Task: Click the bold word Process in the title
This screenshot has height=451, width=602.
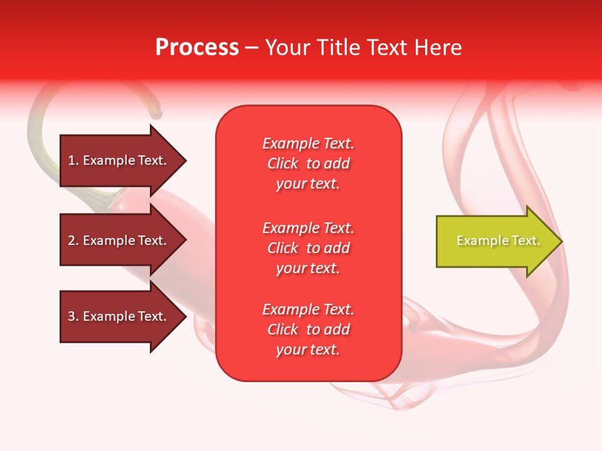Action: click(197, 48)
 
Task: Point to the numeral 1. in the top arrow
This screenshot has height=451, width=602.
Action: click(73, 160)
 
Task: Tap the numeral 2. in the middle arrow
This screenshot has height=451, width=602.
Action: click(73, 241)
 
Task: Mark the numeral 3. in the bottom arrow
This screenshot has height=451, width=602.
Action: click(73, 316)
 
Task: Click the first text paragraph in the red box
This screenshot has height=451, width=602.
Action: click(308, 163)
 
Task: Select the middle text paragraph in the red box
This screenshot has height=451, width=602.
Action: click(308, 248)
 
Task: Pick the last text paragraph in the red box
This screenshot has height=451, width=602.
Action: click(308, 329)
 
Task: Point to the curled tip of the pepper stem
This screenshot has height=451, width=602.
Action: click(157, 115)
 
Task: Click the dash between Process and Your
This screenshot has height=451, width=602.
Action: click(251, 48)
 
